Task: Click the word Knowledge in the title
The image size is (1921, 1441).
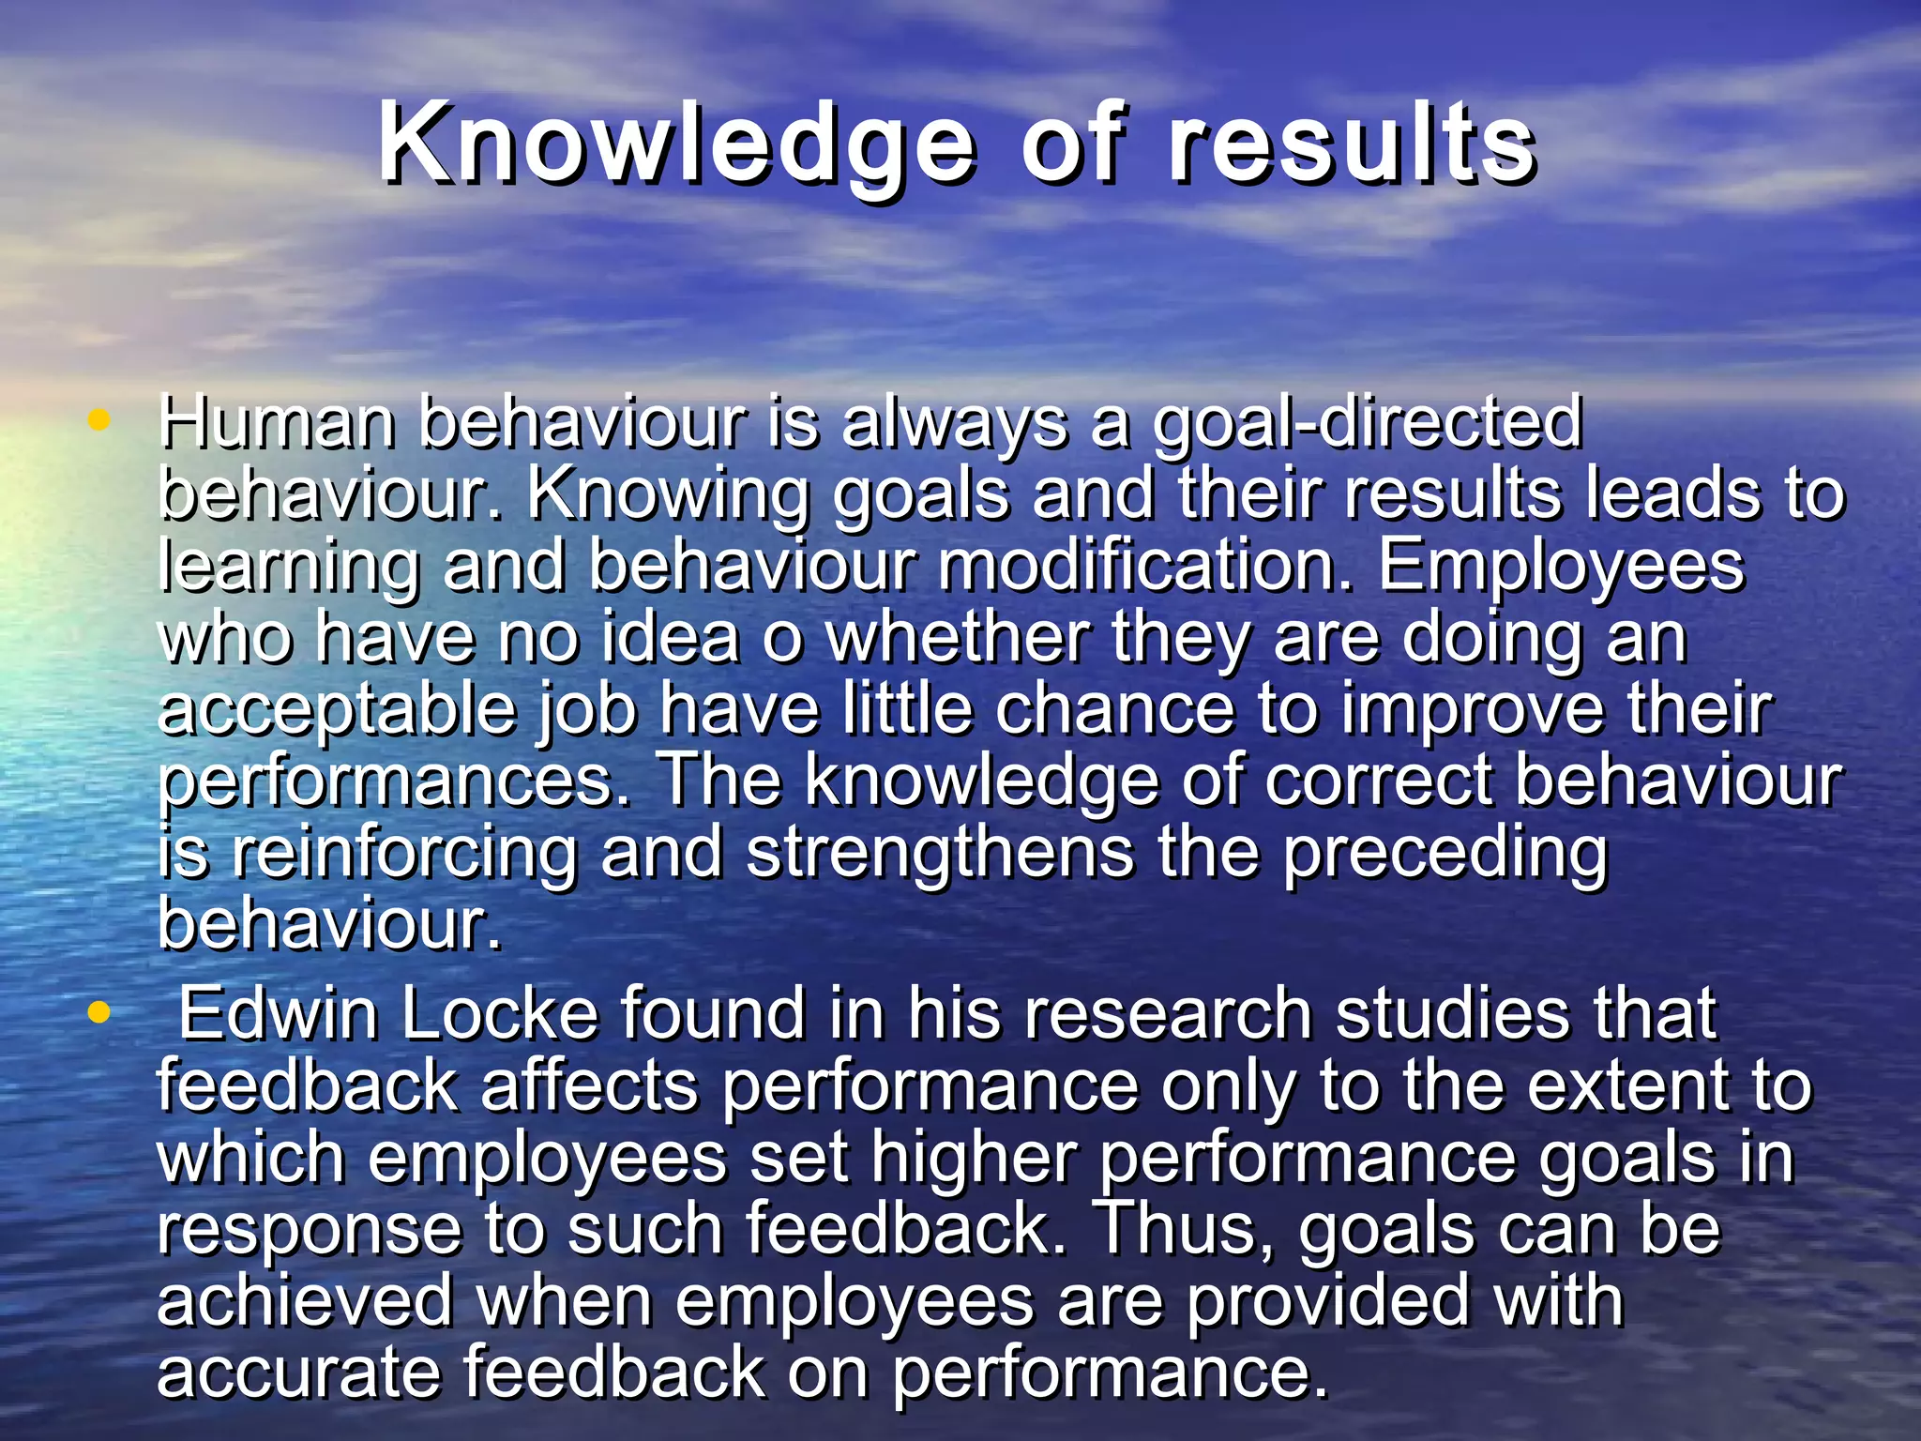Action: click(x=675, y=145)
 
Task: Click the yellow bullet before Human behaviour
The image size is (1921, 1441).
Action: click(x=98, y=420)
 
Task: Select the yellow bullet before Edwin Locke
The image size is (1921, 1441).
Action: click(x=98, y=1012)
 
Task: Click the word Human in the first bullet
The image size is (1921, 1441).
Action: click(x=276, y=422)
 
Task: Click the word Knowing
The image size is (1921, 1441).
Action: click(x=667, y=495)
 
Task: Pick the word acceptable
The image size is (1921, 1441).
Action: click(x=337, y=711)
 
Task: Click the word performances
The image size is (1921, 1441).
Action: click(x=394, y=782)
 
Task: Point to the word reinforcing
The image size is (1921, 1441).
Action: click(x=404, y=854)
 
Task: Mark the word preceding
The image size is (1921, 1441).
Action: click(x=1445, y=854)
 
